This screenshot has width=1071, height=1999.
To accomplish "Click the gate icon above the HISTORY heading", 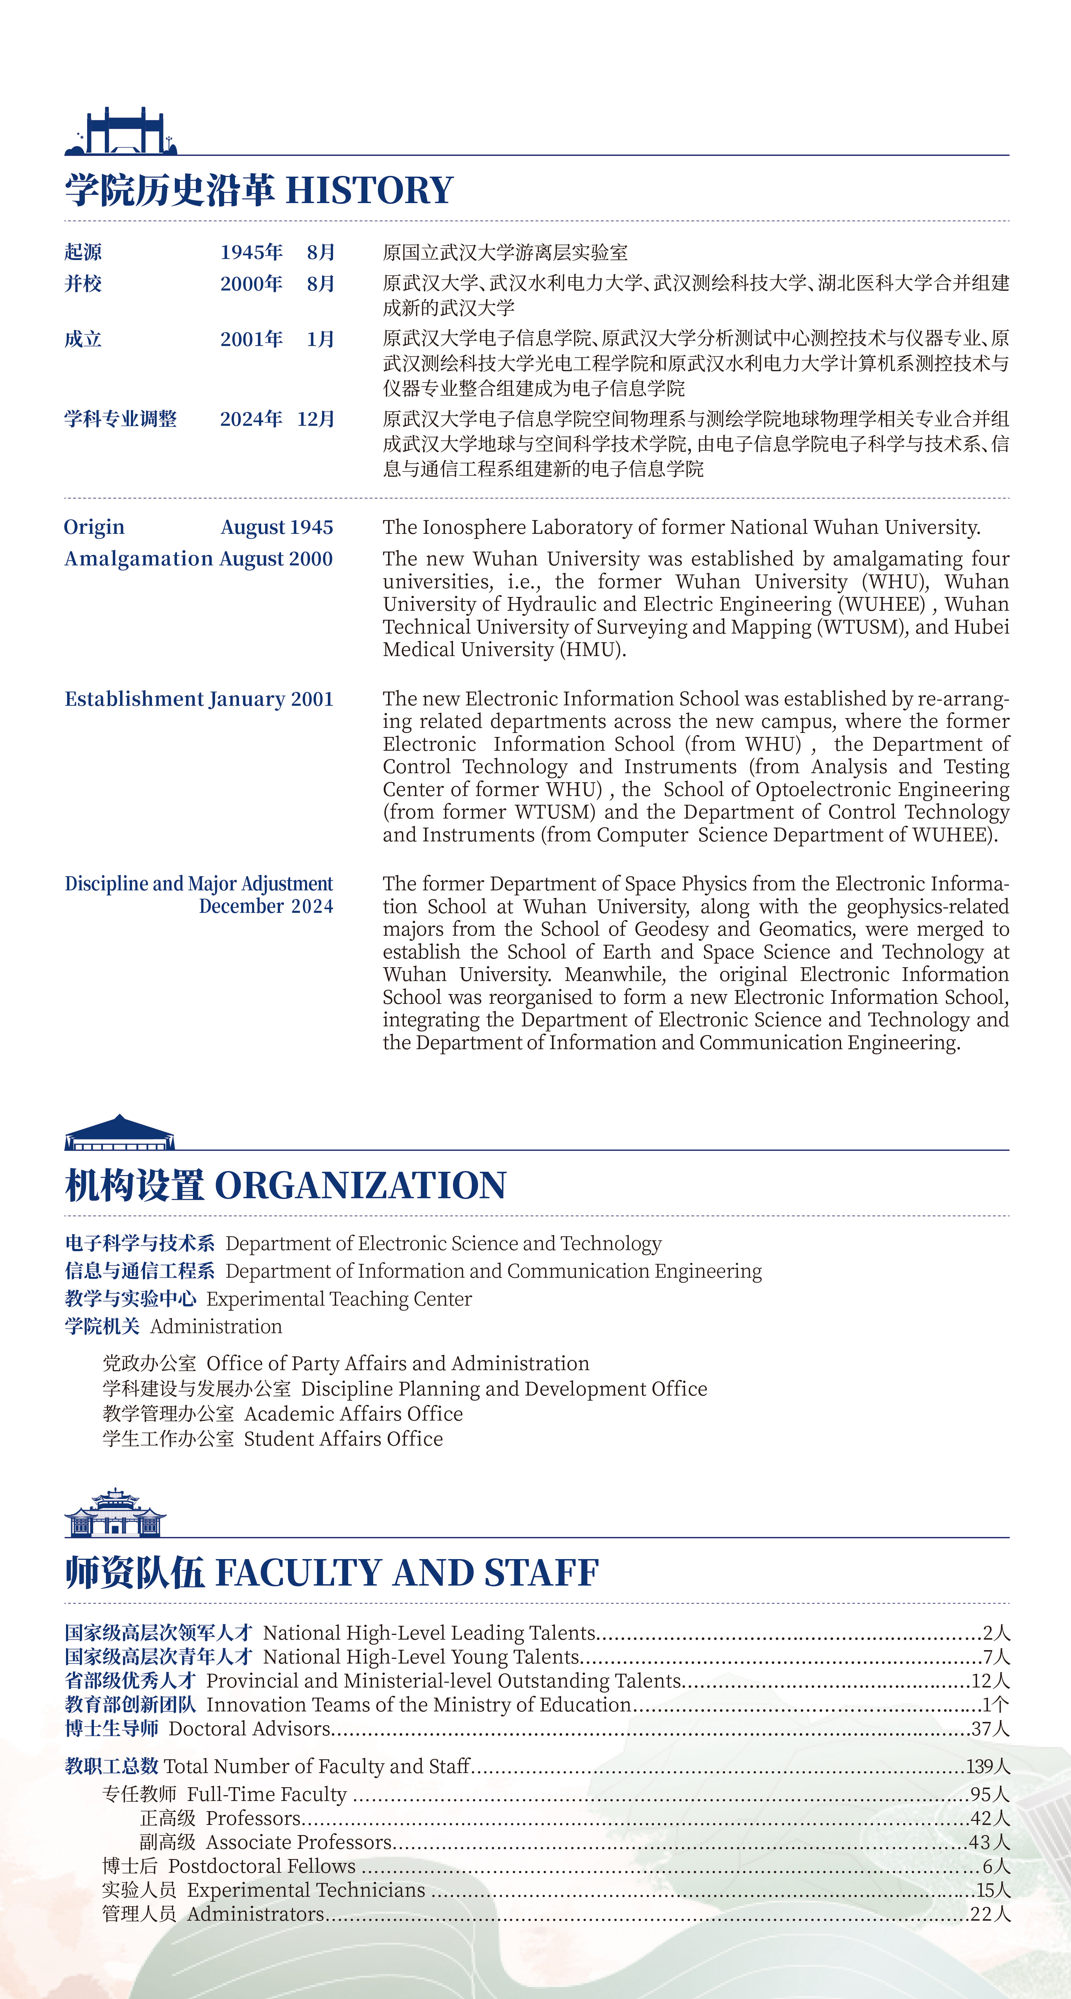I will pyautogui.click(x=121, y=132).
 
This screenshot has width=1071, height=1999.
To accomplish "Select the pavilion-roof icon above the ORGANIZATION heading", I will pyautogui.click(x=120, y=1133).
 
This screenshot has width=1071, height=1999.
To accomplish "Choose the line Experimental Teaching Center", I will pyautogui.click(x=339, y=1299).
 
